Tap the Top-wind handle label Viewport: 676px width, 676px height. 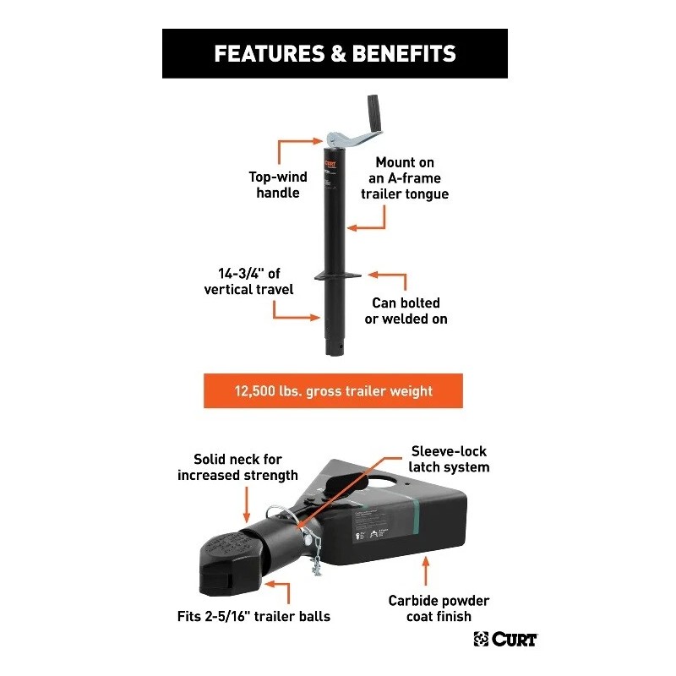point(277,185)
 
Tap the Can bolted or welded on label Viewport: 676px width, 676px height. point(410,310)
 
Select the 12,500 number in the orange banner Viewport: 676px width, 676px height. point(260,391)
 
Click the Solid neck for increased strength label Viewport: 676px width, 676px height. point(237,467)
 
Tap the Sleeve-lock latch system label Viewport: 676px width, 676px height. point(450,459)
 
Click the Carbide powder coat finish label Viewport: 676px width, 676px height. point(439,608)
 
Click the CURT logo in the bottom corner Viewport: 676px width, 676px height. point(505,639)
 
